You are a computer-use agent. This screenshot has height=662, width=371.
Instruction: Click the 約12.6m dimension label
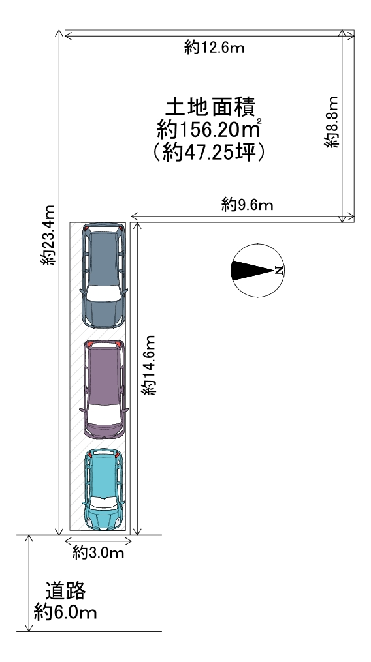pos(214,48)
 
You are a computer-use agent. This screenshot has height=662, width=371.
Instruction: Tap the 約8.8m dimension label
pos(332,122)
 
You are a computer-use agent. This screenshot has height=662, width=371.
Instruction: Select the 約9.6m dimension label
pos(247,205)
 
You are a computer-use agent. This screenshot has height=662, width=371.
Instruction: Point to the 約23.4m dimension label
pos(48,235)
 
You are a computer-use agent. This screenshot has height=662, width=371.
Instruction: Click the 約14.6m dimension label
pos(149,365)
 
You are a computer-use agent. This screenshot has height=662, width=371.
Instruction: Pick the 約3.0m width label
pos(98,552)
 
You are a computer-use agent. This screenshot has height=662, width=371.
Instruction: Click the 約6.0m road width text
pos(65,612)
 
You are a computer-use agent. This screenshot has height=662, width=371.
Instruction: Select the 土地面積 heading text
pos(210,107)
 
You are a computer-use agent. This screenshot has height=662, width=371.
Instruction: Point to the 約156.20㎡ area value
pos(208,129)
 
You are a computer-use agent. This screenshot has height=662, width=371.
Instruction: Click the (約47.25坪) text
pos(208,152)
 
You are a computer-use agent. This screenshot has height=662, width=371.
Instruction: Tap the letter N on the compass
pos(278,271)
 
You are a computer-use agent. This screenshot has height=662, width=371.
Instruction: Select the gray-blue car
pos(104,276)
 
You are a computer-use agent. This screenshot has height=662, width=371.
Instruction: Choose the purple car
pos(104,389)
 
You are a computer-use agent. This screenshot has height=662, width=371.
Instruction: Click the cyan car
pos(103,489)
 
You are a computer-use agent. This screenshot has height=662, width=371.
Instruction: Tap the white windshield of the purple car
pos(104,414)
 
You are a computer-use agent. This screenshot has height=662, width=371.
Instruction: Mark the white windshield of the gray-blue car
pos(104,293)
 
